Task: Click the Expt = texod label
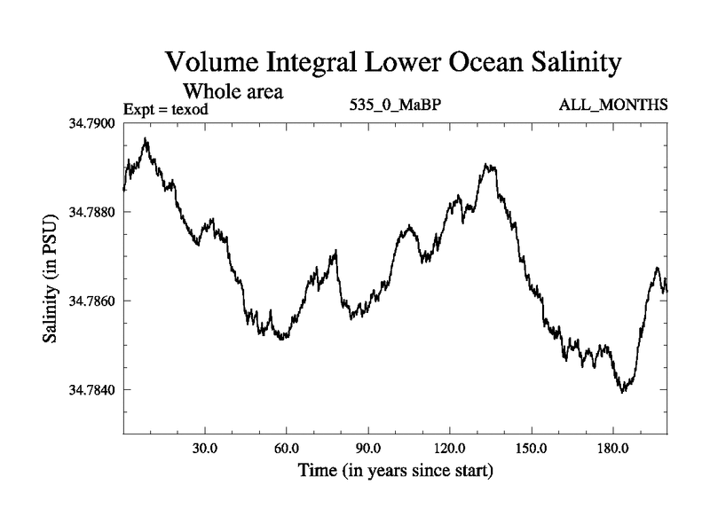pos(167,109)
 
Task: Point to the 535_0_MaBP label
pos(396,106)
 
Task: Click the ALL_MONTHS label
pos(612,106)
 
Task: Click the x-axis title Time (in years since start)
pos(395,470)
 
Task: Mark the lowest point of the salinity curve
pos(623,391)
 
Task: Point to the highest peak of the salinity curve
pos(146,139)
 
